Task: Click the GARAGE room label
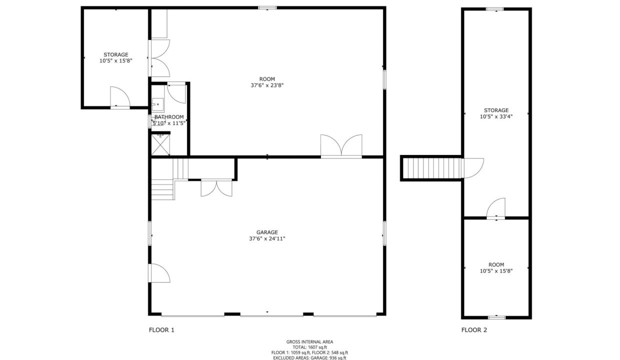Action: tap(267, 232)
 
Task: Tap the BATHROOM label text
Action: tap(169, 117)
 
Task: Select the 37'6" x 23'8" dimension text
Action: tap(267, 85)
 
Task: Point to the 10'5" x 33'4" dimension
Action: tap(496, 117)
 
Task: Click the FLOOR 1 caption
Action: tap(161, 330)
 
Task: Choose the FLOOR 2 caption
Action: tap(474, 330)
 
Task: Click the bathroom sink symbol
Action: tap(157, 104)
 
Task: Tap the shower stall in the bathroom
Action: tap(160, 144)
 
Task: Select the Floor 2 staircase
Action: tap(432, 168)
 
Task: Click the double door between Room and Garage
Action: tap(341, 146)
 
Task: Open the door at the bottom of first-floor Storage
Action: tap(120, 97)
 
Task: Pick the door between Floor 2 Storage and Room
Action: tap(495, 208)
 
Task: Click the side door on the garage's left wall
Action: tap(159, 273)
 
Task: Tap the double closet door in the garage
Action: tap(216, 188)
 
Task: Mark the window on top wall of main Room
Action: tap(267, 7)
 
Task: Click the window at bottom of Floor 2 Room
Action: tap(496, 317)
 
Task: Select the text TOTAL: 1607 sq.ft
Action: tap(309, 347)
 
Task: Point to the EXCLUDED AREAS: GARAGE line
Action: tap(309, 358)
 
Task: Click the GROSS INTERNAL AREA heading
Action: tap(309, 342)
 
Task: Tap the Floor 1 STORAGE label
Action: tap(116, 55)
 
